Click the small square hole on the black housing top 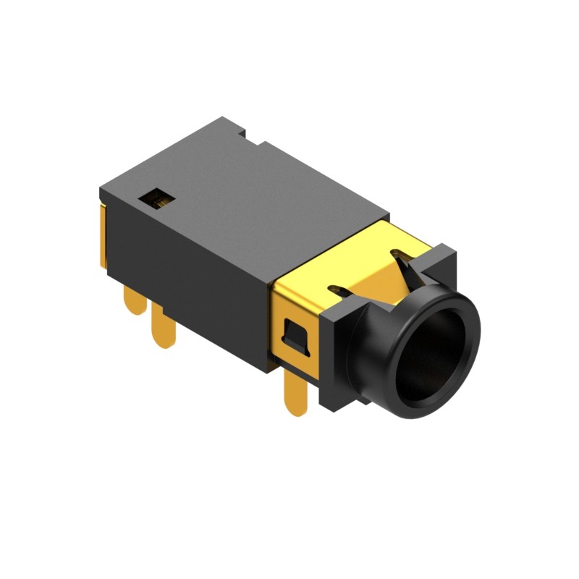coord(157,197)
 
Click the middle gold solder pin coord(164,328)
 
